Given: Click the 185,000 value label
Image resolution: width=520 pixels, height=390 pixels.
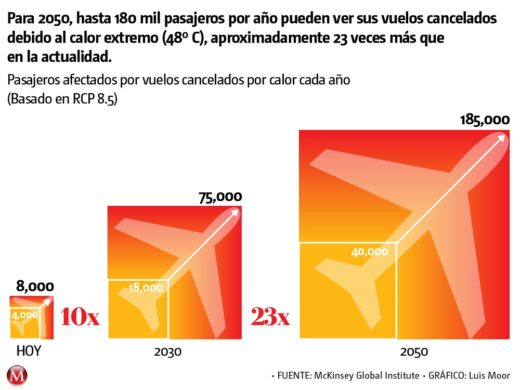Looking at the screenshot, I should (x=484, y=120).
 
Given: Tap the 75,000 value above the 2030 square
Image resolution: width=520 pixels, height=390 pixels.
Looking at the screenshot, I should (x=220, y=197).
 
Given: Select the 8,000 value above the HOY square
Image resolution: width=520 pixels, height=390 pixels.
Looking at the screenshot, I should (x=35, y=286).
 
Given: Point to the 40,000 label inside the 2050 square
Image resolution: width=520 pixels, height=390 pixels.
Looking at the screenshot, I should (x=370, y=252).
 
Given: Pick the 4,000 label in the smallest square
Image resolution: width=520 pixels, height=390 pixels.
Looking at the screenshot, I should (x=25, y=315).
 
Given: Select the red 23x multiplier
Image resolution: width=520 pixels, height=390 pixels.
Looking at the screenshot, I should (x=270, y=317).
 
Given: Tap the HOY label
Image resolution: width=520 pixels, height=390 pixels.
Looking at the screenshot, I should (x=29, y=352).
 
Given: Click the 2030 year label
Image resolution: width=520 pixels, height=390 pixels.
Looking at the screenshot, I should (x=168, y=352).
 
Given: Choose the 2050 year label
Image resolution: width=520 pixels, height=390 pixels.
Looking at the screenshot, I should (x=414, y=352).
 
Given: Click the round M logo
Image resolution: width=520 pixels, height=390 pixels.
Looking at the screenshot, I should (x=18, y=375).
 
